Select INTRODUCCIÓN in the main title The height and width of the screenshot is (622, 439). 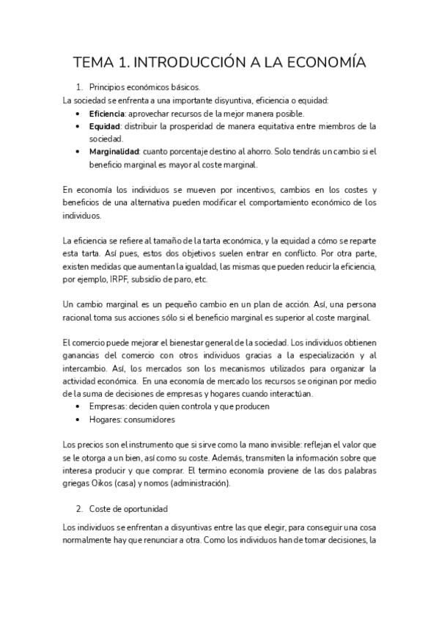tap(203, 63)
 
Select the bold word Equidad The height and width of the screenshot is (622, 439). tap(104, 126)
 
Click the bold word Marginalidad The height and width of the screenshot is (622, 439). tap(115, 152)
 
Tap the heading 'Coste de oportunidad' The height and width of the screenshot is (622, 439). tap(129, 508)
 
